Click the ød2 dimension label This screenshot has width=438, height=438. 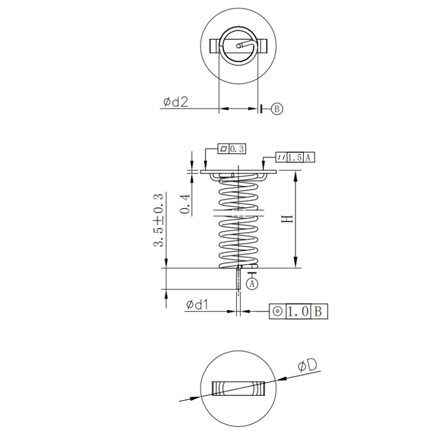(175, 102)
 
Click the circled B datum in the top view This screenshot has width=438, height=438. (276, 109)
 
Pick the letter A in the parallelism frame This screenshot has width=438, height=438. (309, 158)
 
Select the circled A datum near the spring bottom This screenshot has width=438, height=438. (252, 284)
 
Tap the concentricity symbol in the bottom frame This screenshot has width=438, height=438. (278, 312)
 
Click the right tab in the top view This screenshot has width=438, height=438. (261, 46)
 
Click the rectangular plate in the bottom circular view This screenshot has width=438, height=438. (238, 388)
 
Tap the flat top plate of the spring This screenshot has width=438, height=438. (238, 172)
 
